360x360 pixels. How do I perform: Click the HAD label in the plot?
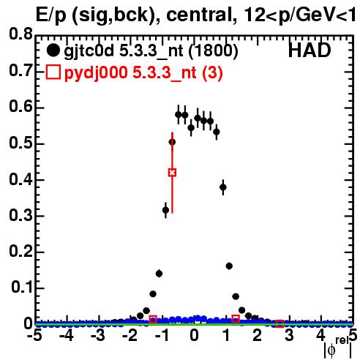[x=310, y=50]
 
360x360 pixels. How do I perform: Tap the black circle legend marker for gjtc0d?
[x=53, y=50]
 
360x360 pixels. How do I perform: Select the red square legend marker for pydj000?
[x=53, y=72]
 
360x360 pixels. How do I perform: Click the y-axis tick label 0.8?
[x=20, y=34]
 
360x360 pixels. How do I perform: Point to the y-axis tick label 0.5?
[x=20, y=143]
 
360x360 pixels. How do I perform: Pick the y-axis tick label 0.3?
[x=20, y=215]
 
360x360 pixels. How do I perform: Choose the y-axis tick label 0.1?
[x=21, y=288]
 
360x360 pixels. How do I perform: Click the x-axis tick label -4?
[x=67, y=336]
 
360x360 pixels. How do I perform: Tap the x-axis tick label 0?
[x=194, y=336]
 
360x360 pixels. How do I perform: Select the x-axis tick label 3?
[x=289, y=336]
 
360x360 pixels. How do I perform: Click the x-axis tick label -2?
[x=130, y=336]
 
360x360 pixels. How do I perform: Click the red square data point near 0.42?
[x=172, y=173]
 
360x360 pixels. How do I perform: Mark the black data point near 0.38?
[x=223, y=187]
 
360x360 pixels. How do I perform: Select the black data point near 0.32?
[x=165, y=210]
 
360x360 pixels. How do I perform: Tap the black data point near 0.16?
[x=229, y=266]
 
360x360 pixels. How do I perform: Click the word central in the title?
[x=198, y=15]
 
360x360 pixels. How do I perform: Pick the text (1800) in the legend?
[x=214, y=50]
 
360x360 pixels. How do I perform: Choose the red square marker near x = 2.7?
[x=280, y=324]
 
